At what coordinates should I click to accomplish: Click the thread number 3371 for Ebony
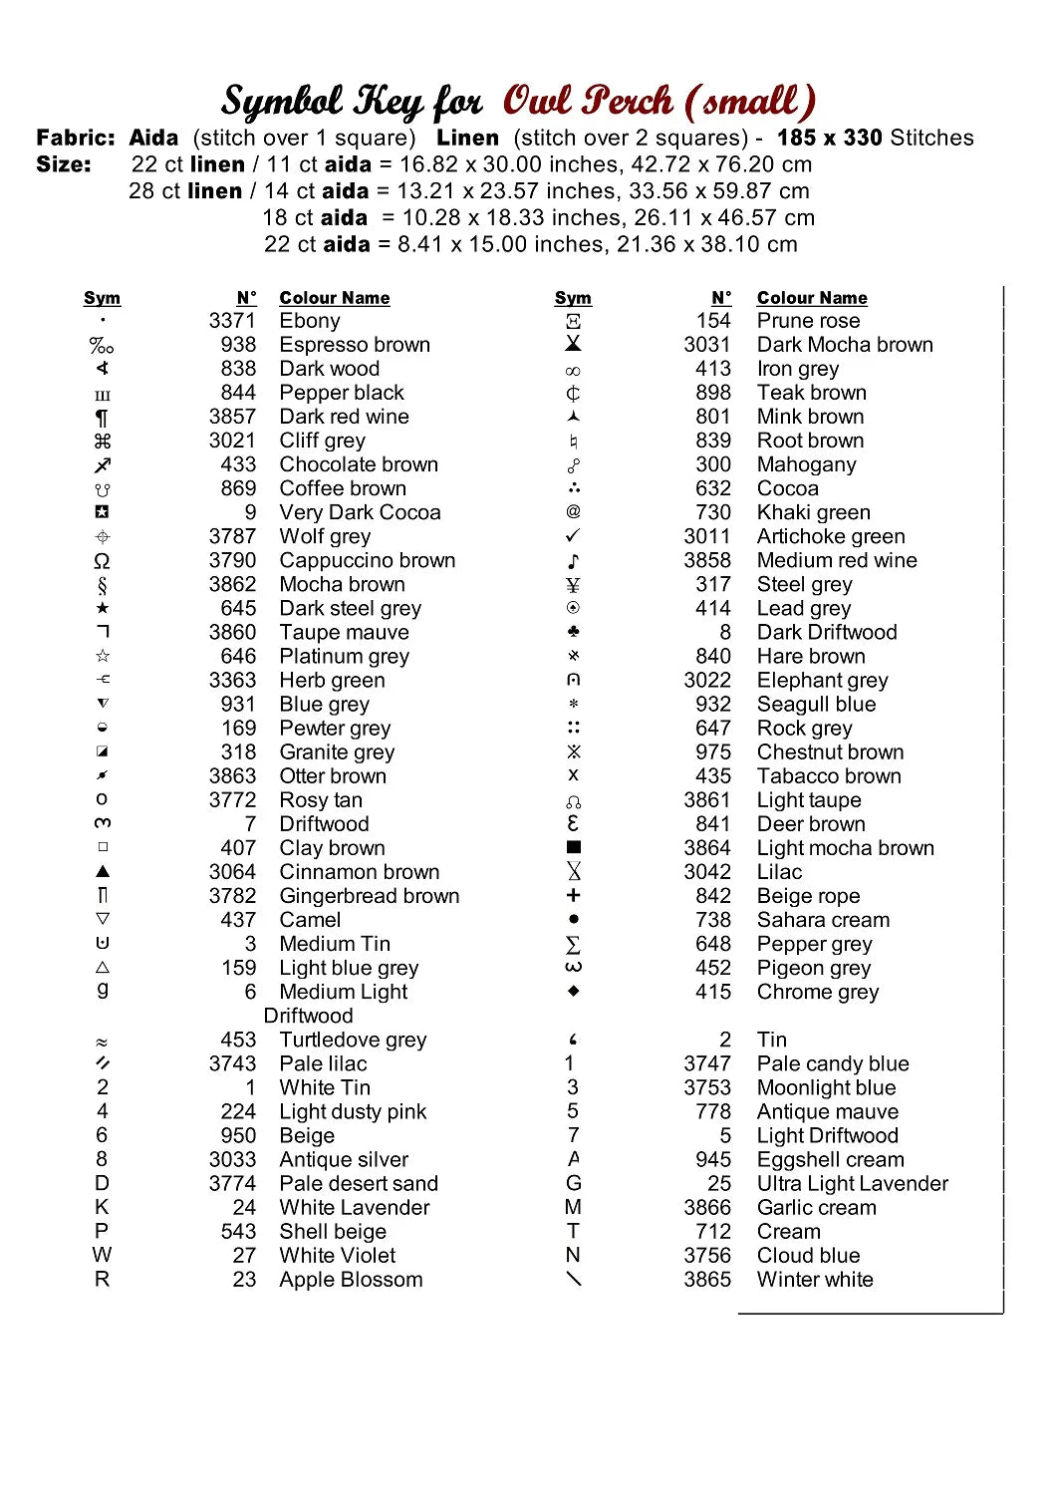click(232, 321)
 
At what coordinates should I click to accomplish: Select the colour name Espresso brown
click(355, 345)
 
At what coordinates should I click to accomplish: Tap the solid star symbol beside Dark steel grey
click(103, 608)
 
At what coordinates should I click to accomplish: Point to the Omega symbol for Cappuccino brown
click(102, 561)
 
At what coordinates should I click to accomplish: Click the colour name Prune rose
click(808, 321)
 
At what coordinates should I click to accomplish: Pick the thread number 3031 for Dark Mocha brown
click(707, 345)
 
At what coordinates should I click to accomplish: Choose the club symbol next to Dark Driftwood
click(573, 632)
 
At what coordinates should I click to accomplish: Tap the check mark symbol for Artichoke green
click(573, 536)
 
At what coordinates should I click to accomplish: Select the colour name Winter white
click(815, 1280)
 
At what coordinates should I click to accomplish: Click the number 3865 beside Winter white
click(707, 1280)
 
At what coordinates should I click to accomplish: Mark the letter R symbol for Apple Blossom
click(102, 1280)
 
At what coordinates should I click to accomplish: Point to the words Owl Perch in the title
click(588, 102)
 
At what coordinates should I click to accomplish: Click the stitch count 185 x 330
click(830, 138)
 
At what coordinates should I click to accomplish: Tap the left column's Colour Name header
click(335, 298)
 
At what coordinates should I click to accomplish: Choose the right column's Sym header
click(573, 298)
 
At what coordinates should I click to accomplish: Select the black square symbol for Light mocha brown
click(573, 847)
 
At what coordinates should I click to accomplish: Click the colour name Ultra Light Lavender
click(852, 1184)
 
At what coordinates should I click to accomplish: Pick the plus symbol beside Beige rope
click(573, 895)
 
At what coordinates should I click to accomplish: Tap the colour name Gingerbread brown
click(370, 896)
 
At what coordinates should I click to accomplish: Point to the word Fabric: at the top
click(76, 138)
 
